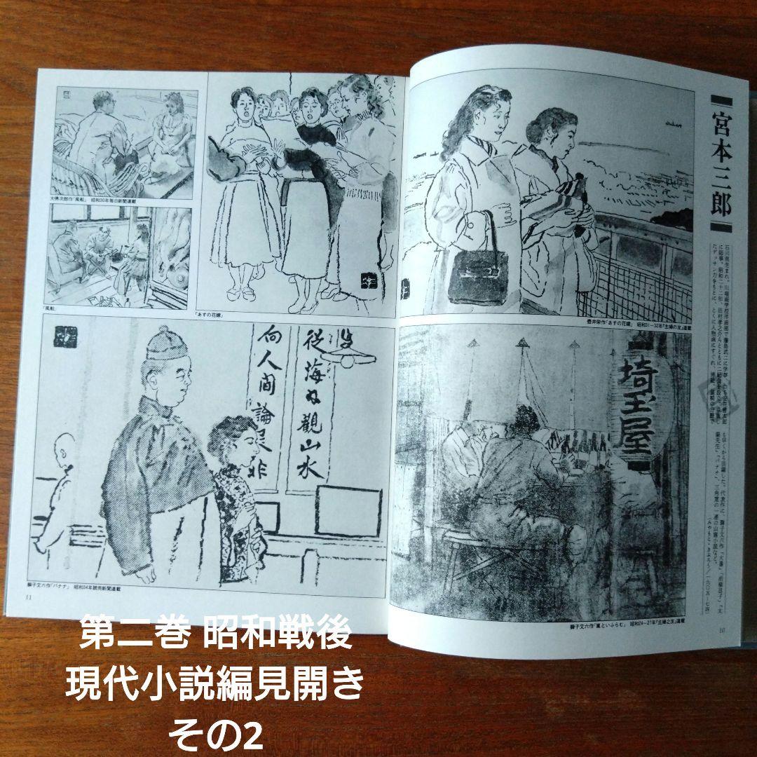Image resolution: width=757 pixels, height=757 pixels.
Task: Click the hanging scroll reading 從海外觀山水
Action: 309,414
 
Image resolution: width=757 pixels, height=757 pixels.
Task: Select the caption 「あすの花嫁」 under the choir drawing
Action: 210,313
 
